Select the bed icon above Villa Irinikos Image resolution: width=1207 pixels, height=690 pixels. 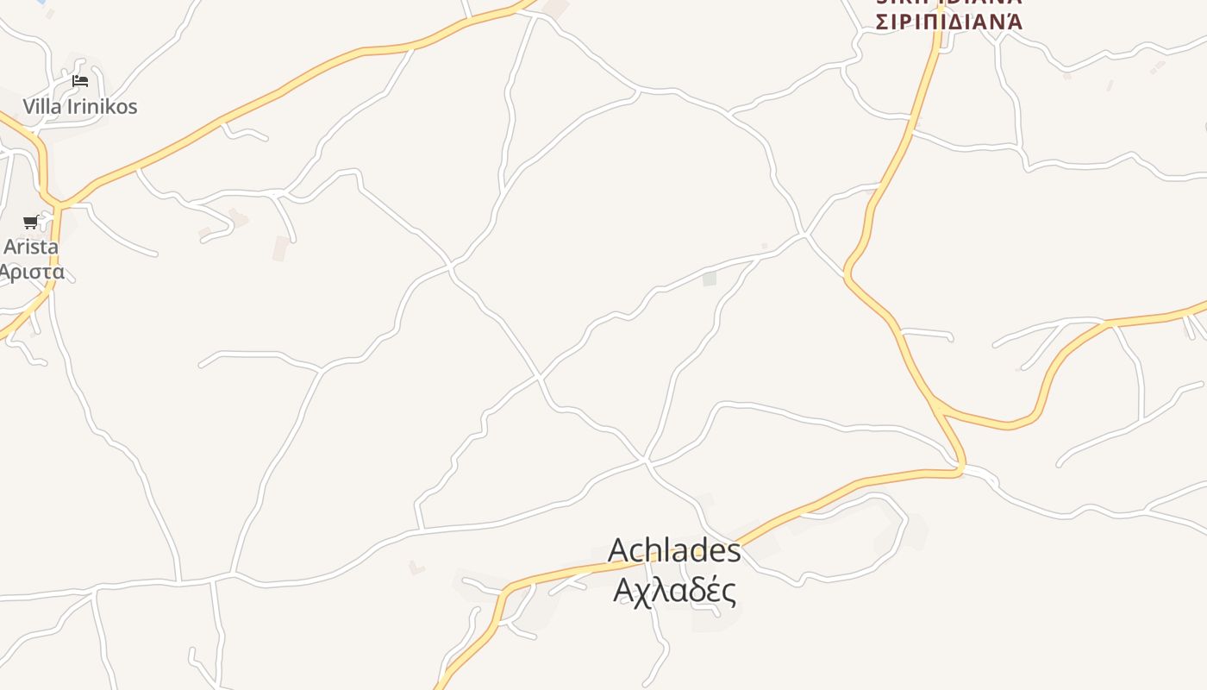coord(80,82)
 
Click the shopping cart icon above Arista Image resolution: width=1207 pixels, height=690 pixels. coord(31,223)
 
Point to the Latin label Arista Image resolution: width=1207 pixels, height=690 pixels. coord(31,247)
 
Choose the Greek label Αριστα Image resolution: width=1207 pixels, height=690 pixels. coord(31,273)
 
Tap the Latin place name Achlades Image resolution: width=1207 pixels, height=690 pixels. coord(674,550)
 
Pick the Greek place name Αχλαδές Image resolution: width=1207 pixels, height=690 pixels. coord(674,591)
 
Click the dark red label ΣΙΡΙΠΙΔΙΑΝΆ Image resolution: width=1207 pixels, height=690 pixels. coord(948,22)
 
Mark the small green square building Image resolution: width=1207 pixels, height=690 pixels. coord(710,279)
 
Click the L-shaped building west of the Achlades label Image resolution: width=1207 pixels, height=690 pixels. coord(416,568)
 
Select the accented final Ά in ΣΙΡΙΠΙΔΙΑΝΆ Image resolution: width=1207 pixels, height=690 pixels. coord(1011,22)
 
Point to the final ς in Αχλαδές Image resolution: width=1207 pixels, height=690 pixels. coord(729,593)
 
